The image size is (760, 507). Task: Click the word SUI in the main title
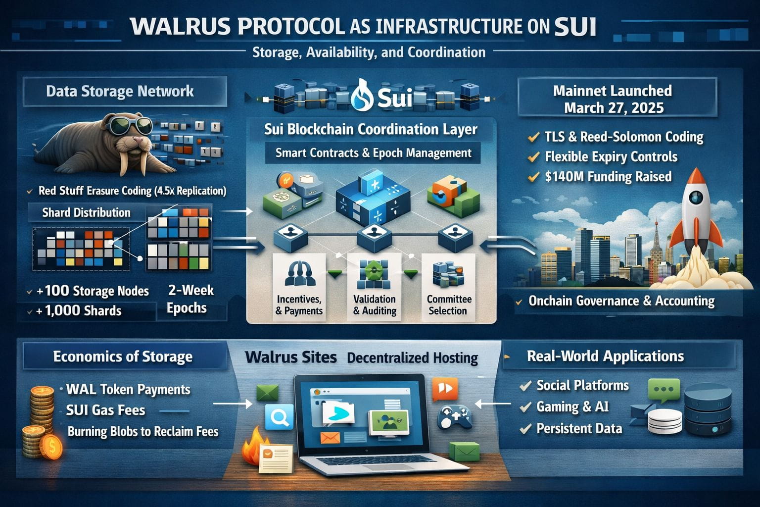(x=575, y=27)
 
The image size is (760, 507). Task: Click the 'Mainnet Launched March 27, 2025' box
(x=613, y=99)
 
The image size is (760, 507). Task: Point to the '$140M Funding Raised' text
(x=608, y=177)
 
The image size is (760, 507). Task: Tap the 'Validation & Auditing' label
(x=375, y=305)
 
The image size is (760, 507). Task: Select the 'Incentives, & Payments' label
(x=299, y=305)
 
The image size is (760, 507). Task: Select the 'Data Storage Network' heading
(x=120, y=92)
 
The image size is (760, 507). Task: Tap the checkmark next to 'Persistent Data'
(x=525, y=429)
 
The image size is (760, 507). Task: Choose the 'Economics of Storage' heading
(x=123, y=357)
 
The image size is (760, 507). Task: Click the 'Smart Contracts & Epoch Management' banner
(x=373, y=153)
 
